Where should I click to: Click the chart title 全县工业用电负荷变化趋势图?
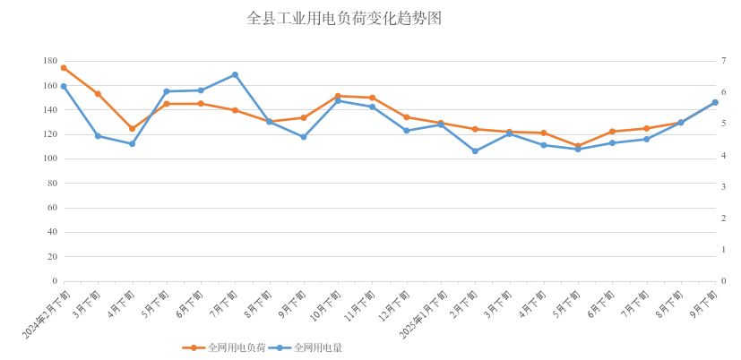coord(344,18)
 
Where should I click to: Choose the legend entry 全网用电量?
coord(317,347)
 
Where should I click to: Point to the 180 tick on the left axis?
coord(50,61)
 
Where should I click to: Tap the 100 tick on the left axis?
coord(50,159)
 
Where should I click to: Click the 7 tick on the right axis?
coord(723,61)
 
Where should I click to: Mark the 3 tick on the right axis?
coord(723,186)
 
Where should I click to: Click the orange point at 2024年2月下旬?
coord(64,67)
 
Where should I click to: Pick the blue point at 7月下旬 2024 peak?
coord(235,74)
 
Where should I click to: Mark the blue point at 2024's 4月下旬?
coord(132,143)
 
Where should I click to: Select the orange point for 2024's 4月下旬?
coord(132,128)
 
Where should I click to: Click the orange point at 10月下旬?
coord(338,96)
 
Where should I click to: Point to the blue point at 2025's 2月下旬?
coord(475,150)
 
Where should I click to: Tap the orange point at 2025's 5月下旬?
coord(578,146)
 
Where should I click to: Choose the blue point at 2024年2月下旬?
coord(64,86)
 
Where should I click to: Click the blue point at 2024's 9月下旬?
coord(304,137)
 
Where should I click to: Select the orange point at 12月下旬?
coord(406,116)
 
